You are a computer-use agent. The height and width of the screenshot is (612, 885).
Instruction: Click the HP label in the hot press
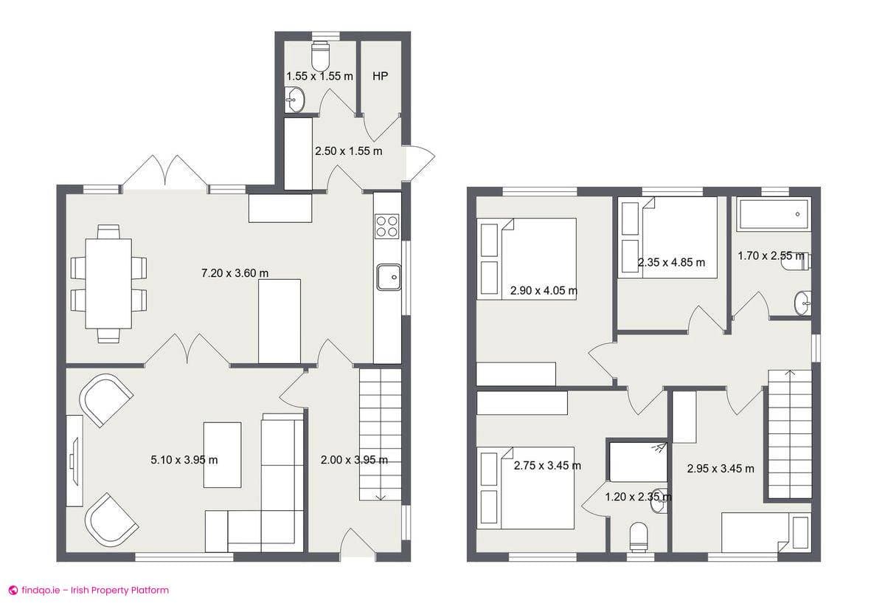pyautogui.click(x=381, y=76)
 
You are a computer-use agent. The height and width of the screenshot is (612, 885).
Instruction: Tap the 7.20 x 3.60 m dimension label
pyautogui.click(x=235, y=273)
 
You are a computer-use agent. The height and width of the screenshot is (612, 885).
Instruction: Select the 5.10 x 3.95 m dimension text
pyautogui.click(x=184, y=460)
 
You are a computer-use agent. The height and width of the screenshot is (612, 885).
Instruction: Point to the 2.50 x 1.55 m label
pyautogui.click(x=348, y=151)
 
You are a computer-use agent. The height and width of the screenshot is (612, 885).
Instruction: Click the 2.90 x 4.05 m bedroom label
pyautogui.click(x=544, y=291)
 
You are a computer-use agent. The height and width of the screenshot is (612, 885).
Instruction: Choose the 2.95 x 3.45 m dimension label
pyautogui.click(x=721, y=468)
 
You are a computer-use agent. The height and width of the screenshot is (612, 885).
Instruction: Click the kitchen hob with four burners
pyautogui.click(x=387, y=225)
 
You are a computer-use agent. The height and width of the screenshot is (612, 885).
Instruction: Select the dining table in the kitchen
pyautogui.click(x=108, y=283)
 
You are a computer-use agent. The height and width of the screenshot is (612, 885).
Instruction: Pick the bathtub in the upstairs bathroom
pyautogui.click(x=774, y=214)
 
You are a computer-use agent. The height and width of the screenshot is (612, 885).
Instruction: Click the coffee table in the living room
pyautogui.click(x=222, y=454)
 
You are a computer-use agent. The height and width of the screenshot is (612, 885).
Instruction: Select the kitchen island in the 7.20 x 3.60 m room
pyautogui.click(x=280, y=320)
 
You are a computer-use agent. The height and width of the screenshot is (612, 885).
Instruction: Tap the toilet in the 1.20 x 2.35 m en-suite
pyautogui.click(x=639, y=534)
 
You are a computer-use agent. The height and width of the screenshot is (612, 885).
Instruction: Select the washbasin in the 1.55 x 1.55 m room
pyautogui.click(x=295, y=98)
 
